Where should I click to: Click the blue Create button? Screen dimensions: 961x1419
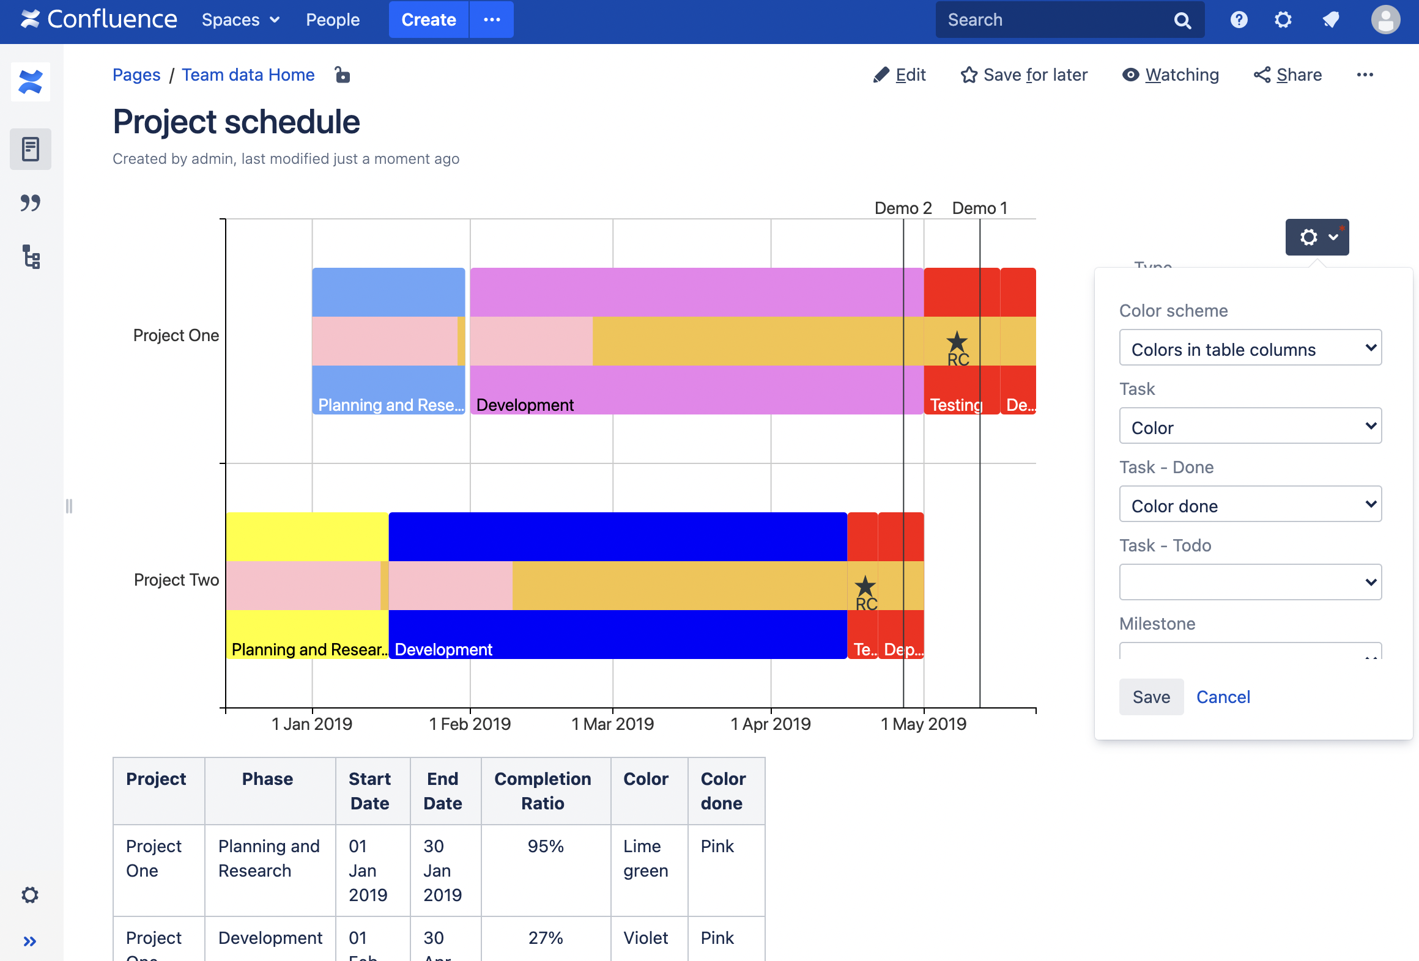(x=429, y=20)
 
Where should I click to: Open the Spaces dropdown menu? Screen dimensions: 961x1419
(x=240, y=20)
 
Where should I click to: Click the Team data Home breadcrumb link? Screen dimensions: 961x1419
(x=248, y=75)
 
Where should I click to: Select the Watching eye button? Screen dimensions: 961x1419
(x=1171, y=75)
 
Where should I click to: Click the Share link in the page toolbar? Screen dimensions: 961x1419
(x=1288, y=75)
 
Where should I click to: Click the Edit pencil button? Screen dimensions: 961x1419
(x=900, y=75)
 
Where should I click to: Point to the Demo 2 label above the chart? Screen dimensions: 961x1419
(x=903, y=208)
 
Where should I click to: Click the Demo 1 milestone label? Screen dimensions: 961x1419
(x=979, y=208)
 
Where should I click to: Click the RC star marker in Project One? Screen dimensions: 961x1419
(x=957, y=342)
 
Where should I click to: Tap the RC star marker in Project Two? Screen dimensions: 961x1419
(x=865, y=587)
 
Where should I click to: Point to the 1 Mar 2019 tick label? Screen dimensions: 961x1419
(x=612, y=724)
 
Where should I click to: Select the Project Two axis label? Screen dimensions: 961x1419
(x=176, y=580)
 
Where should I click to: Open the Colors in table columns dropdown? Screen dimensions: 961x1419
(x=1250, y=348)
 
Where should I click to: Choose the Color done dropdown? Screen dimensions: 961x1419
(x=1250, y=505)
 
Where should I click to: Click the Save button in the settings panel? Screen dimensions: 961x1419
(x=1151, y=697)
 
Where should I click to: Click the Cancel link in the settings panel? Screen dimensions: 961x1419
(x=1223, y=697)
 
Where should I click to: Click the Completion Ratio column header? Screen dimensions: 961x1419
(x=543, y=791)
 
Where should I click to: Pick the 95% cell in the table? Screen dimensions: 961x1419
(x=546, y=847)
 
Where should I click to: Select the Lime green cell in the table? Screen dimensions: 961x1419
(x=645, y=858)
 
